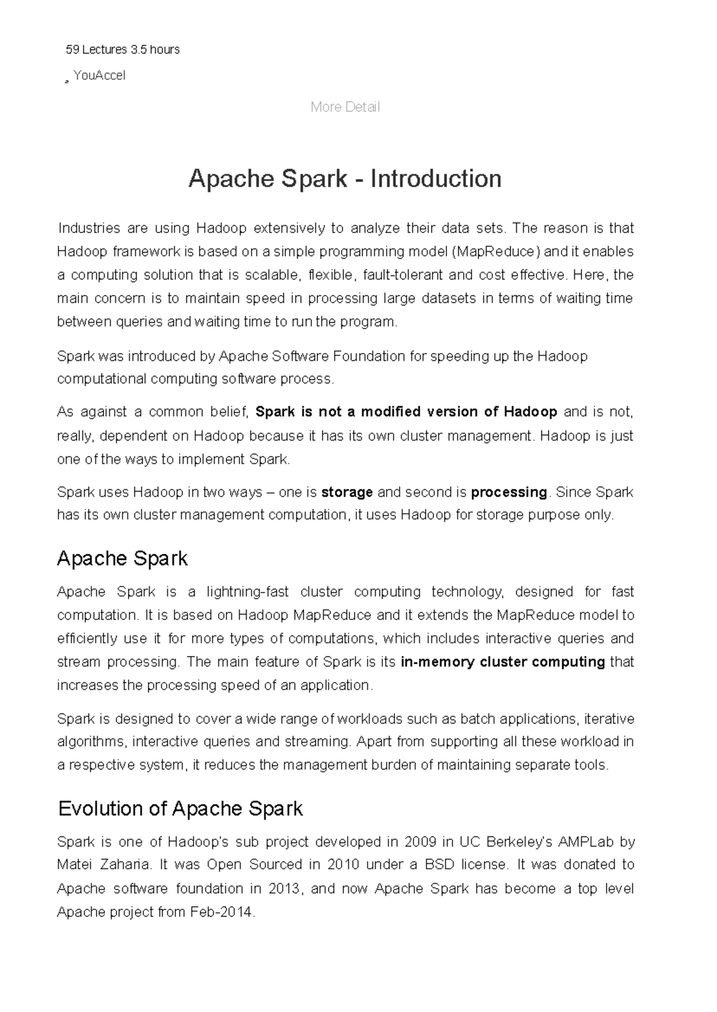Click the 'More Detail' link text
coord(345,107)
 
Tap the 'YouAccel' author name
coord(99,75)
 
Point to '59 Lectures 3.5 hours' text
coord(122,50)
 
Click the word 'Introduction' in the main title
coord(436,179)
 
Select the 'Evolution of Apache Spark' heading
coord(180,808)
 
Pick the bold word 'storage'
coord(347,492)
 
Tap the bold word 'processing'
coord(508,492)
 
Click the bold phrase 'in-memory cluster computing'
coord(503,662)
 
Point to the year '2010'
coord(342,864)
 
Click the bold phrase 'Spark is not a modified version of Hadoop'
coord(406,412)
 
